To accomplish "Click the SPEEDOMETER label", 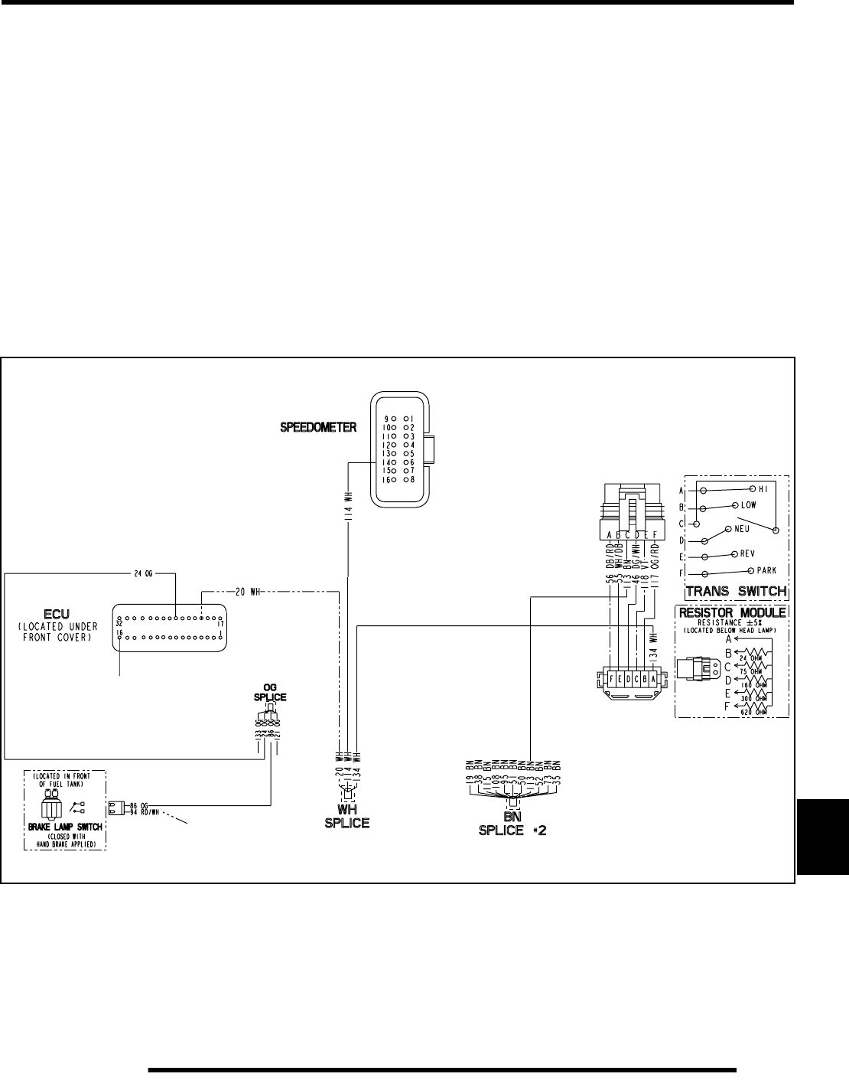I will click(x=317, y=428).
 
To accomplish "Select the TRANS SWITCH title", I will click(x=736, y=591).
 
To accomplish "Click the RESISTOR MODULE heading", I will click(x=731, y=612).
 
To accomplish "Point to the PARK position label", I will click(x=766, y=570).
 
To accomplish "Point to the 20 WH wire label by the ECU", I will click(x=249, y=591).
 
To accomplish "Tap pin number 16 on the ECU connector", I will click(x=119, y=633).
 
